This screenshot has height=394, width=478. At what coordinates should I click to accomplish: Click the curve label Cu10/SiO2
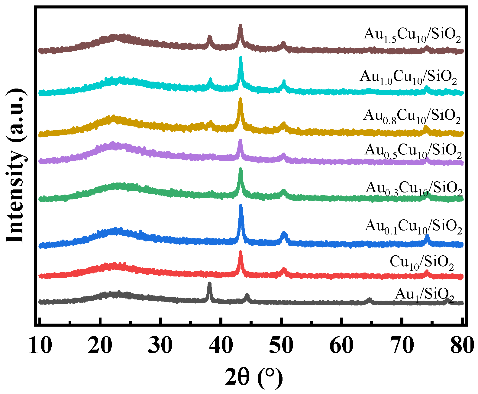click(x=422, y=262)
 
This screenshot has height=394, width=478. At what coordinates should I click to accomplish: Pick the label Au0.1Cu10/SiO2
click(x=413, y=226)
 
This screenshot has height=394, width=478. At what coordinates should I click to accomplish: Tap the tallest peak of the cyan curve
click(x=241, y=58)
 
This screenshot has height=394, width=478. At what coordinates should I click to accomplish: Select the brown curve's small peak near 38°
click(x=209, y=37)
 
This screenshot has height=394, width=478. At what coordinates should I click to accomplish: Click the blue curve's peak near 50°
click(x=284, y=233)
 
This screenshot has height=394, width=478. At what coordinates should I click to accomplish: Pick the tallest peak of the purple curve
click(x=240, y=140)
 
